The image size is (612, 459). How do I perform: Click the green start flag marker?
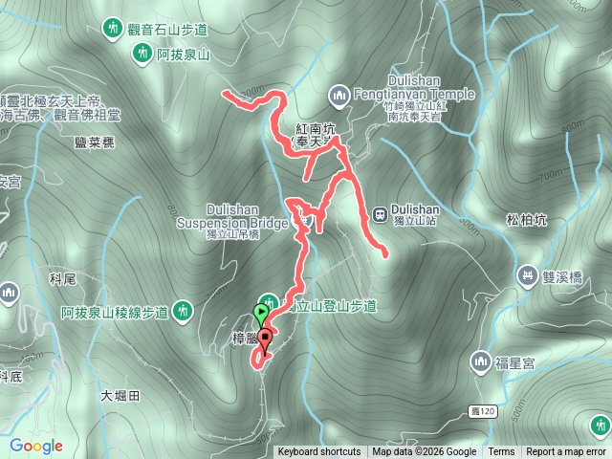(262, 312)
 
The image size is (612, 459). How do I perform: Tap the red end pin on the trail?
(265, 338)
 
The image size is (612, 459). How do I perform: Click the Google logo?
(36, 446)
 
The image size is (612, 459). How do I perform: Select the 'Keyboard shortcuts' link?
(319, 452)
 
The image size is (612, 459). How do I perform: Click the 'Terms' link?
(501, 452)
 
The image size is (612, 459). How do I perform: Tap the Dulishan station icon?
(380, 212)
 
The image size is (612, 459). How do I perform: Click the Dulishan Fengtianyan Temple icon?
(339, 94)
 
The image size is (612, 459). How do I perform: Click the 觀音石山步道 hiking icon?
(113, 27)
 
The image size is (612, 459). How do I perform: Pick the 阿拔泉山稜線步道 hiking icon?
(182, 310)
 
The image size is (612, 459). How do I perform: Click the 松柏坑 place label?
(526, 220)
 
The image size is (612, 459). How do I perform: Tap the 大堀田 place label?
(120, 395)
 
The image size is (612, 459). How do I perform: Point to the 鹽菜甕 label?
(93, 142)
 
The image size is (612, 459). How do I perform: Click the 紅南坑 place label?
(315, 128)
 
